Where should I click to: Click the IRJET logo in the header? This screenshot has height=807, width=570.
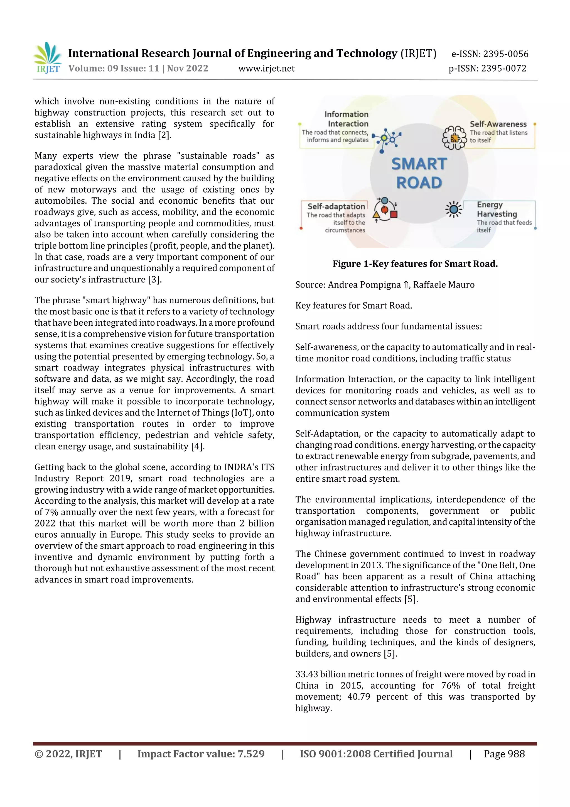pos(47,58)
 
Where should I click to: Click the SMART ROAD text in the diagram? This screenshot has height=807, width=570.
pos(419,173)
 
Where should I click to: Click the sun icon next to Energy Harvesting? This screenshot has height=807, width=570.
pos(453,209)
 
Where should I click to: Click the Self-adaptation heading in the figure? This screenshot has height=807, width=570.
pos(336,207)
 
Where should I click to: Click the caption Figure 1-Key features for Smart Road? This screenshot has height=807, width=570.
pos(415,264)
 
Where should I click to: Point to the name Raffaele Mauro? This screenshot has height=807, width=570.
pos(444,285)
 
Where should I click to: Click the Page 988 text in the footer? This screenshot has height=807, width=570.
pos(504,754)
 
